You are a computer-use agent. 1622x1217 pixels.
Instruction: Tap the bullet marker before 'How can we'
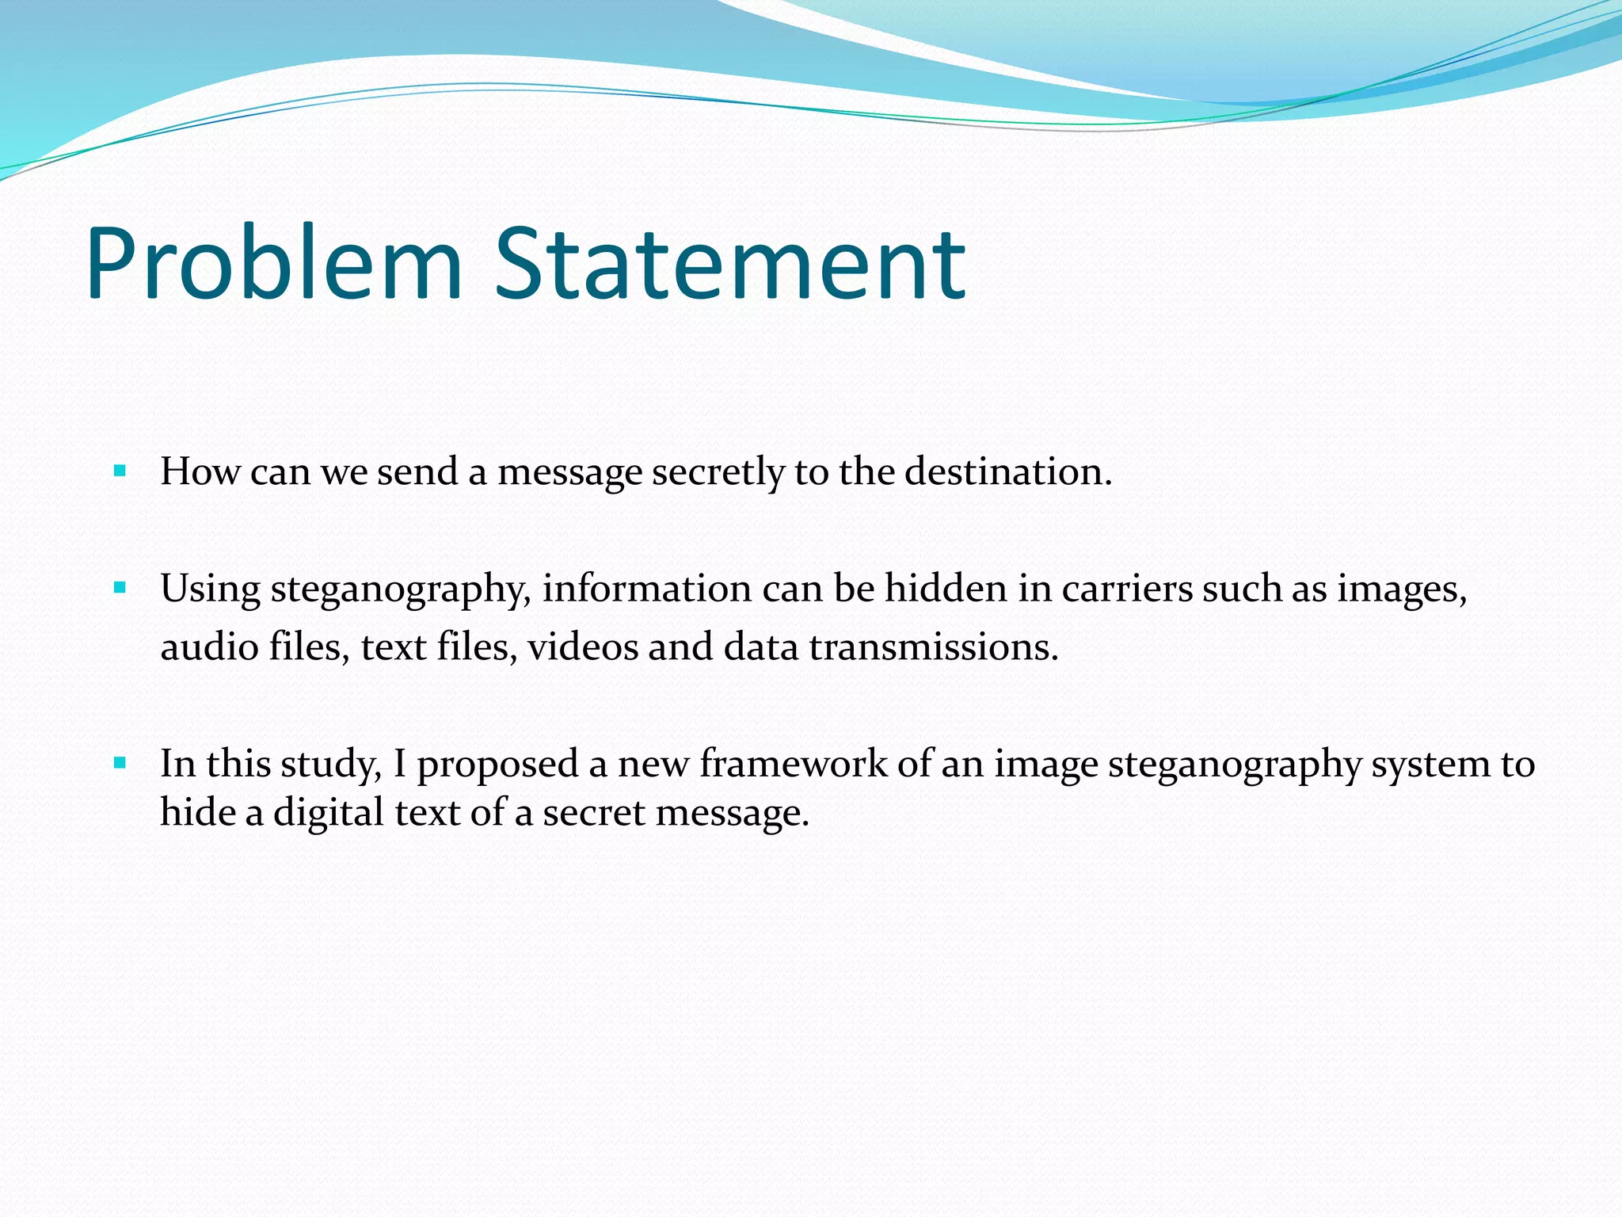pyautogui.click(x=120, y=471)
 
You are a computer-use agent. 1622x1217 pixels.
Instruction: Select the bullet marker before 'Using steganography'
pyautogui.click(x=120, y=588)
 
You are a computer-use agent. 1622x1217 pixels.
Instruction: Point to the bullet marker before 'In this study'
pyautogui.click(x=120, y=764)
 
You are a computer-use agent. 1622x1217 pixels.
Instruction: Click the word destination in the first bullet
pyautogui.click(x=1007, y=471)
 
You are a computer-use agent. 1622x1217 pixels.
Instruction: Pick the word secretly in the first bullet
pyautogui.click(x=718, y=473)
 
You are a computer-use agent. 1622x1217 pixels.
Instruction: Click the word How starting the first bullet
pyautogui.click(x=200, y=471)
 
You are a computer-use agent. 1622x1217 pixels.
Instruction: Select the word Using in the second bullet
pyautogui.click(x=210, y=589)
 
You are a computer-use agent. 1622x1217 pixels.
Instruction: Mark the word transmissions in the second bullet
pyautogui.click(x=933, y=647)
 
